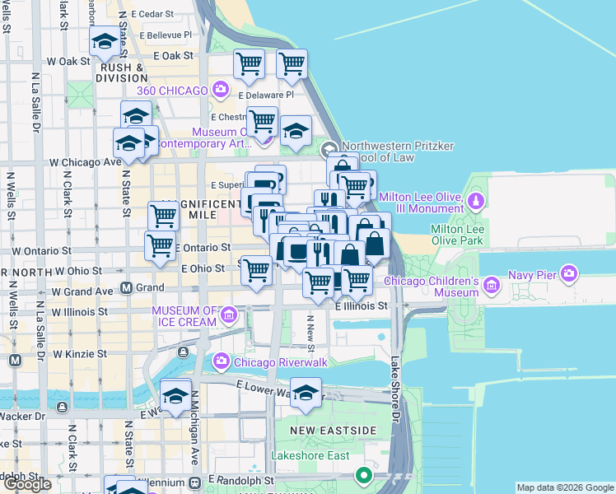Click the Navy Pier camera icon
pos(568,273)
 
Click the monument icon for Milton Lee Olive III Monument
pos(475,201)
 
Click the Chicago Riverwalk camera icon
pos(221,361)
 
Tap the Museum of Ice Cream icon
pos(228,315)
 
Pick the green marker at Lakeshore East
pos(363,475)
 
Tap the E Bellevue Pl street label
pos(166,35)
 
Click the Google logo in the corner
pos(27,484)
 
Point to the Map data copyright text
pos(565,487)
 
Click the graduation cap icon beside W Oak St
pos(105,42)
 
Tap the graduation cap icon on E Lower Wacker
pos(306,393)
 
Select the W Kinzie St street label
pos(80,353)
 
